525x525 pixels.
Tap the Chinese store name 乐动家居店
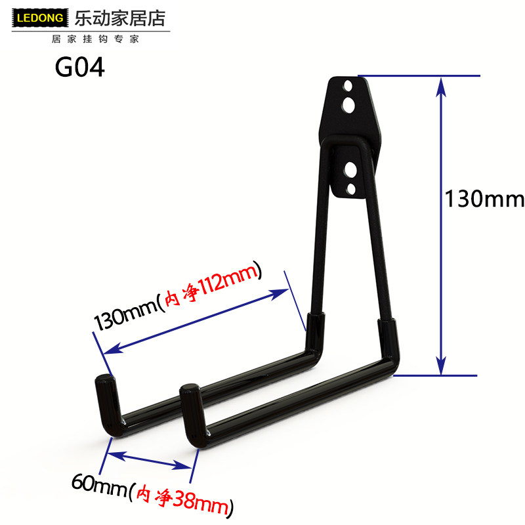(x=110, y=16)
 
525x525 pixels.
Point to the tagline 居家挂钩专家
(x=95, y=39)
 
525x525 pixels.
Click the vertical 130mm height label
(x=485, y=198)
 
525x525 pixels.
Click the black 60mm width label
(x=99, y=486)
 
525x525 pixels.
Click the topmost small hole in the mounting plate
(x=348, y=85)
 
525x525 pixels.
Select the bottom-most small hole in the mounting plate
(x=350, y=189)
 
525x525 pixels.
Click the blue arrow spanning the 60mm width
(x=150, y=459)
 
